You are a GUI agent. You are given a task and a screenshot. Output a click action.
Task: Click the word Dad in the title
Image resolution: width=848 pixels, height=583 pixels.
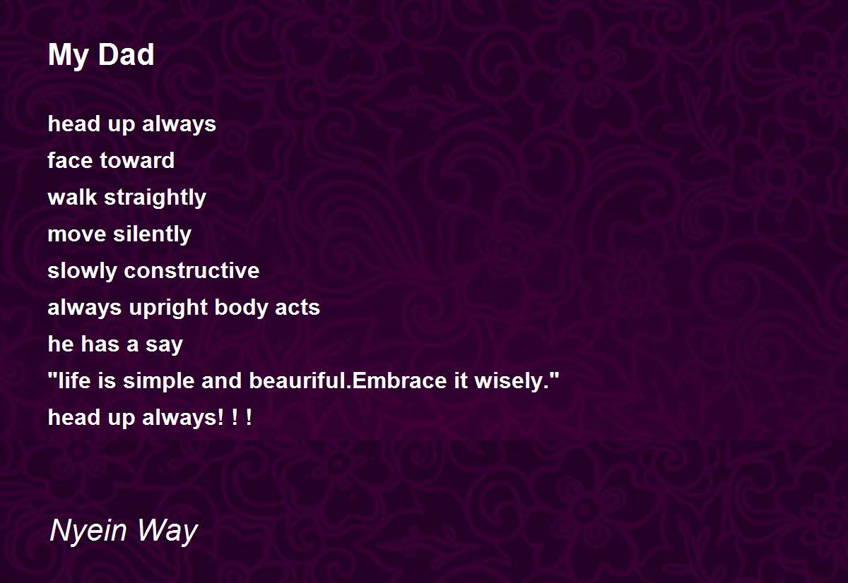[126, 54]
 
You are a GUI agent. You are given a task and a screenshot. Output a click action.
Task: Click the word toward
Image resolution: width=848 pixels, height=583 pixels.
[137, 160]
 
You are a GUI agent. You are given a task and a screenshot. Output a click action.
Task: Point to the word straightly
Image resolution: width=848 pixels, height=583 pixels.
[155, 198]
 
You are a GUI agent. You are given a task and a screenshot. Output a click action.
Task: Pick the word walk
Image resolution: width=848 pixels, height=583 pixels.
[72, 197]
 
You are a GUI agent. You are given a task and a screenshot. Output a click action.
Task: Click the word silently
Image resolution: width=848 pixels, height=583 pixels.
[153, 234]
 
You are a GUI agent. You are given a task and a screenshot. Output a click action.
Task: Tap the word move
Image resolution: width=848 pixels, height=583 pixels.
[77, 234]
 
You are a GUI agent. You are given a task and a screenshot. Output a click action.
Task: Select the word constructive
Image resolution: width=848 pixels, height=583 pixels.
[192, 271]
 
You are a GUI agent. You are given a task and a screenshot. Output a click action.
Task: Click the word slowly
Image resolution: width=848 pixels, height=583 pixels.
[82, 271]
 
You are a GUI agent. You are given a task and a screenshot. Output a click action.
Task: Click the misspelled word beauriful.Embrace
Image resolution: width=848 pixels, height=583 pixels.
[348, 380]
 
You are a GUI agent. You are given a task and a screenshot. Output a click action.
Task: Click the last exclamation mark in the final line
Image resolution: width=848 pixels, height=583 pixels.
[248, 417]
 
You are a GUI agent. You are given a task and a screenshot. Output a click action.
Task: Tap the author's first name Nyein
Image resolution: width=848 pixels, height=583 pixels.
[88, 531]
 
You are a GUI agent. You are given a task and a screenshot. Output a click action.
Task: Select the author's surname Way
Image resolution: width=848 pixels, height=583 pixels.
[167, 531]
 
